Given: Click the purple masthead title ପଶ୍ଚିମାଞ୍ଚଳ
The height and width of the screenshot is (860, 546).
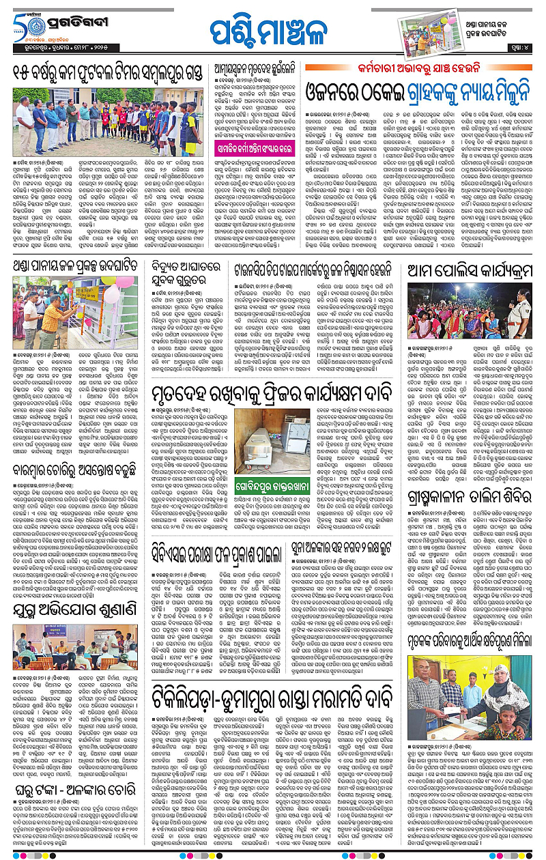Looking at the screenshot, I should point(272,31).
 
